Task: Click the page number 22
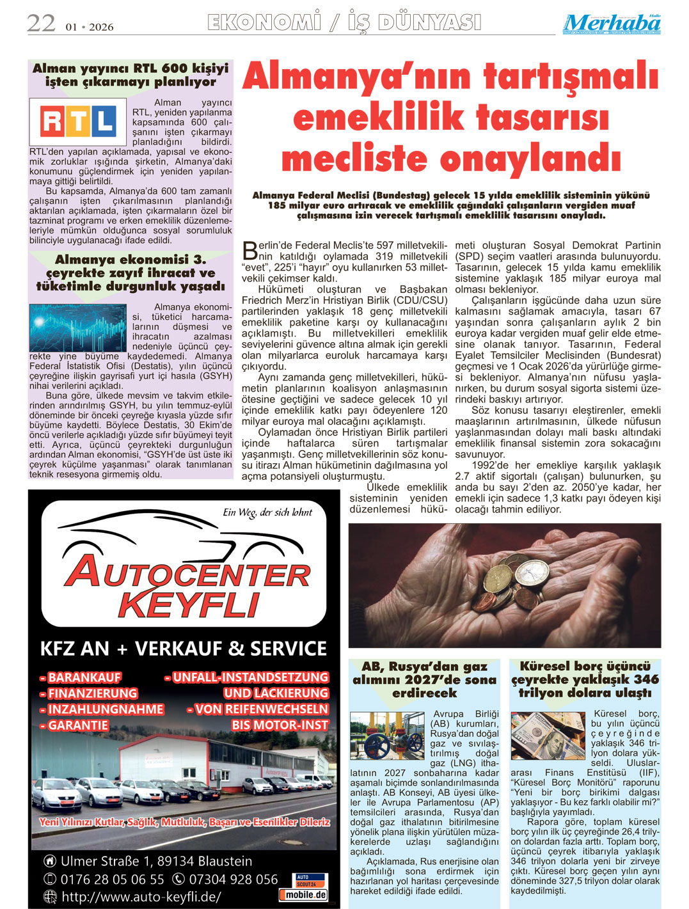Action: click(x=41, y=24)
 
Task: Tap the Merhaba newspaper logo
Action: click(x=612, y=24)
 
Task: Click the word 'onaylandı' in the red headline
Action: click(x=532, y=159)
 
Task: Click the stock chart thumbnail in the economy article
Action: click(x=77, y=327)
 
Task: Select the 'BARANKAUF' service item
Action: click(x=80, y=677)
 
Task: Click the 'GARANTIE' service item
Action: click(x=74, y=725)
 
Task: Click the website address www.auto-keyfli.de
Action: click(x=141, y=897)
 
